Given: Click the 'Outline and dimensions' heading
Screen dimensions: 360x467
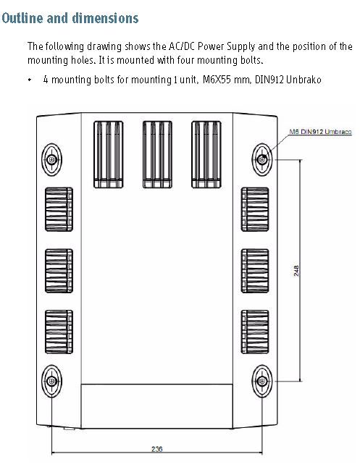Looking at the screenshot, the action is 70,18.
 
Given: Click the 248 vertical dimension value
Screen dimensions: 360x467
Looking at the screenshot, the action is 296,271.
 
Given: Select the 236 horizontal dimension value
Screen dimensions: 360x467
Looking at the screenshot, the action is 157,449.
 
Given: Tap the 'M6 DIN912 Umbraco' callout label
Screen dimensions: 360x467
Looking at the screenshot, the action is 320,132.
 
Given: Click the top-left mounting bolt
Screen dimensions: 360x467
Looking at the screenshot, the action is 52,159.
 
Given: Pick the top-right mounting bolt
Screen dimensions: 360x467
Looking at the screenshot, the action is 262,159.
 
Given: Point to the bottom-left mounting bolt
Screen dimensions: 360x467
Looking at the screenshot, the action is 52,381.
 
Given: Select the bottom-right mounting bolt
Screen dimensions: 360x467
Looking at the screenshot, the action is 262,381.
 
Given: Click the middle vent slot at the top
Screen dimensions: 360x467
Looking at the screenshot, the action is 157,154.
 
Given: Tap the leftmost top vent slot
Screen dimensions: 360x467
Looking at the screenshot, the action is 109,154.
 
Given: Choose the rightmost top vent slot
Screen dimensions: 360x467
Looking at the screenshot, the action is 206,154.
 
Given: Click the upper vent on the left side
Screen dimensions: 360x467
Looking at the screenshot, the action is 59,209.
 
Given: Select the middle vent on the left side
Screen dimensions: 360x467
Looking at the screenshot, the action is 59,271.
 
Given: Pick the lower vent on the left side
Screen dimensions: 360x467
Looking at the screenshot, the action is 59,332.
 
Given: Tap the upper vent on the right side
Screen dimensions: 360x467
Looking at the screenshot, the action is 255,209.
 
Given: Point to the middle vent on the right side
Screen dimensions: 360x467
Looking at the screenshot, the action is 255,271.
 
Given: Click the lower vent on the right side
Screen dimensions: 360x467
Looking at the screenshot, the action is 255,332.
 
